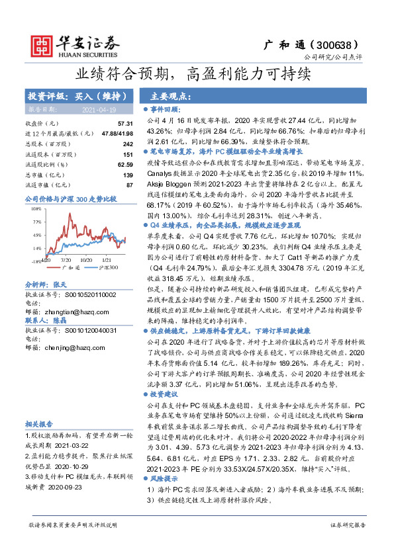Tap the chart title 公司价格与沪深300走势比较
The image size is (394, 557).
(70, 198)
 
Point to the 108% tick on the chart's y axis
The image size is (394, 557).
(37, 208)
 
